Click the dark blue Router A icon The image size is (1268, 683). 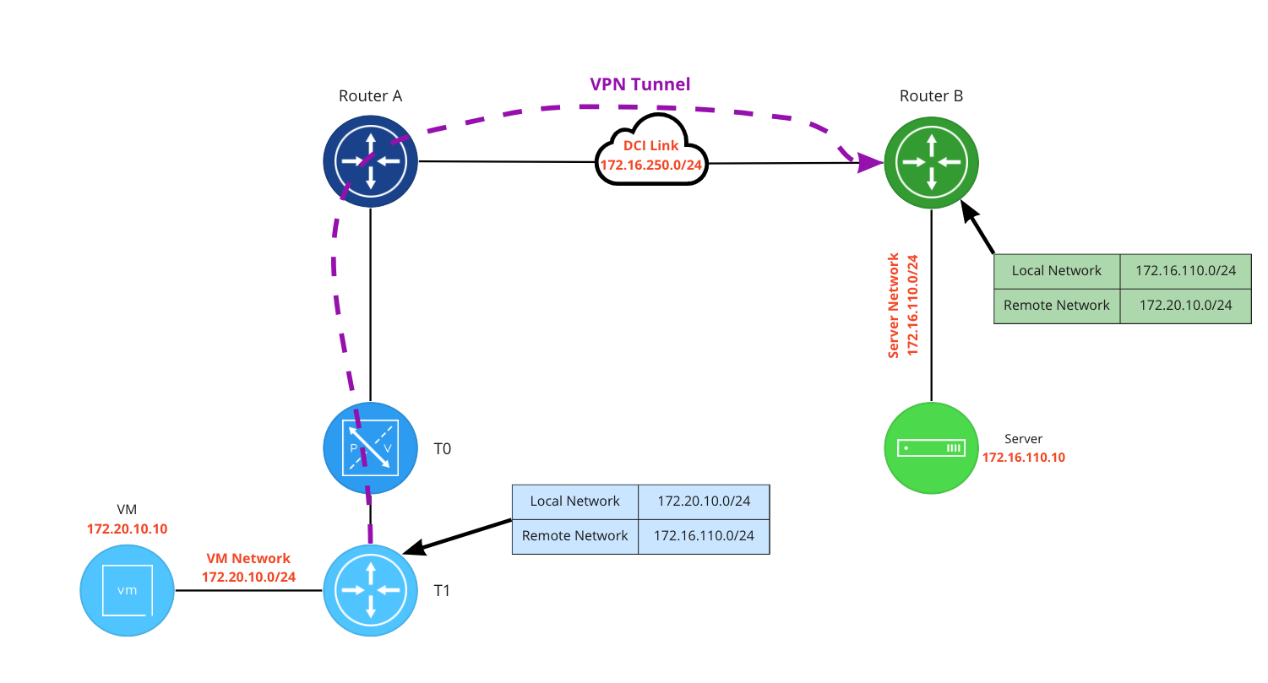tap(370, 160)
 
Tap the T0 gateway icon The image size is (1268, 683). tap(370, 448)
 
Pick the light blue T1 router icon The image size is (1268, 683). tap(370, 590)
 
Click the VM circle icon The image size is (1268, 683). tap(127, 590)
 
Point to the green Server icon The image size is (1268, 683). tap(931, 447)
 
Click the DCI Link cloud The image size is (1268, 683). tap(651, 153)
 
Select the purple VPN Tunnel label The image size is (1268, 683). tap(639, 84)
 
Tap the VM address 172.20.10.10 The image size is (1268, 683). tap(127, 529)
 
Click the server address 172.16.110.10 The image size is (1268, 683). tap(1023, 457)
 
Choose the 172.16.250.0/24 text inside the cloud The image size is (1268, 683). tap(651, 164)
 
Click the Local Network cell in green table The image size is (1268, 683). tap(1056, 271)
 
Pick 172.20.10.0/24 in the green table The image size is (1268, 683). tap(1185, 305)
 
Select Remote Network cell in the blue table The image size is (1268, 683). tap(574, 535)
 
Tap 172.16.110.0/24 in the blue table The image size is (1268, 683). tap(704, 535)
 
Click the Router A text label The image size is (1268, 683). tap(370, 95)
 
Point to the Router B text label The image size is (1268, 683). tap(931, 95)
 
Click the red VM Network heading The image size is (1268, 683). tap(248, 558)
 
